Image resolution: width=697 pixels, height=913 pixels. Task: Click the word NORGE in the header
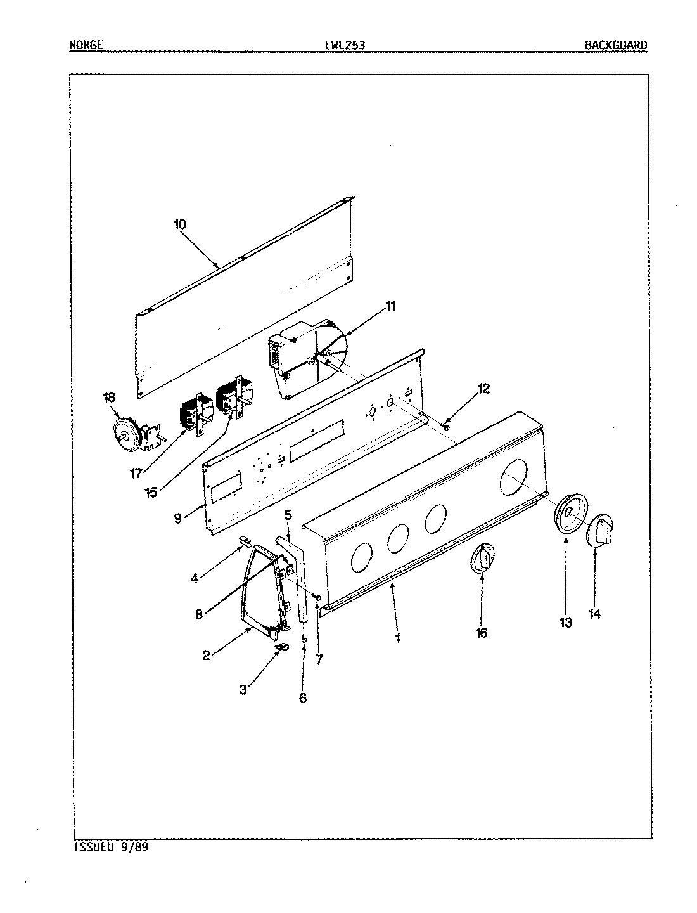[85, 45]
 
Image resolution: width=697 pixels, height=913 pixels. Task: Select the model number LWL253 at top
[344, 45]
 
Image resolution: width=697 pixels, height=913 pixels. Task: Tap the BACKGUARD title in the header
[615, 45]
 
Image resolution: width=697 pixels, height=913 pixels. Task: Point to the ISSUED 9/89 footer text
[111, 846]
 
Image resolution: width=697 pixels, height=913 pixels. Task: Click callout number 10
[179, 224]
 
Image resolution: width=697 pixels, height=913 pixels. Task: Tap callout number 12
[483, 389]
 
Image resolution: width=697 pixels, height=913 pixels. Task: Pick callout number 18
[110, 398]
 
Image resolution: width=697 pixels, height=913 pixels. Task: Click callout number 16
[482, 633]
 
